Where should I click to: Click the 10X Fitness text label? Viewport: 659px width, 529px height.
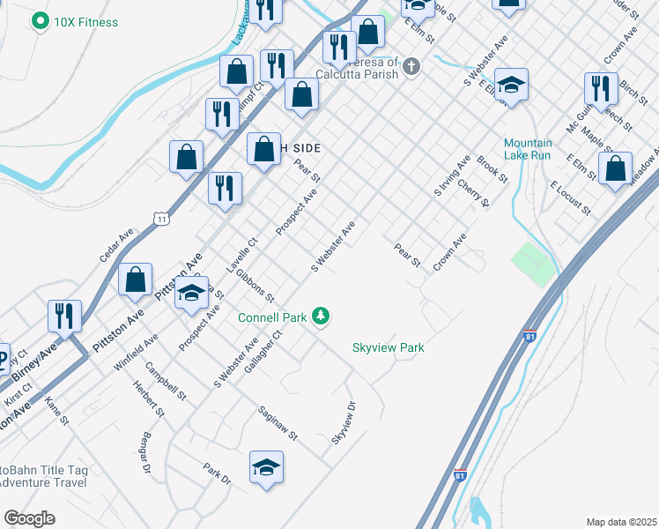tap(85, 21)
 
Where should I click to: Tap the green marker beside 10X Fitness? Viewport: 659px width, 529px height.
tap(40, 20)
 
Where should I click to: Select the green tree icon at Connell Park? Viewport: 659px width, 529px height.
tap(322, 316)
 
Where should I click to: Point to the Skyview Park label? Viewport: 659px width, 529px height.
tap(389, 347)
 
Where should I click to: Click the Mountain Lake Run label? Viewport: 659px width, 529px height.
tap(528, 149)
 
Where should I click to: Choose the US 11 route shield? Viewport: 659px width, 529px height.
tap(159, 217)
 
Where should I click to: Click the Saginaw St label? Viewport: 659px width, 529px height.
tap(278, 424)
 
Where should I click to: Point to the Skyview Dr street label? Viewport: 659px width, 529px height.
tap(344, 423)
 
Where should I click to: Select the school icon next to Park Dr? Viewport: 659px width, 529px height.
tap(266, 468)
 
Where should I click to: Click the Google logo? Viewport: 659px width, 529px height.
tap(29, 518)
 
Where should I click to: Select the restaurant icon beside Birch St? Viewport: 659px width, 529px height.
tap(600, 89)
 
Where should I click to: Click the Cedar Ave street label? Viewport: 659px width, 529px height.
tap(116, 244)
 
